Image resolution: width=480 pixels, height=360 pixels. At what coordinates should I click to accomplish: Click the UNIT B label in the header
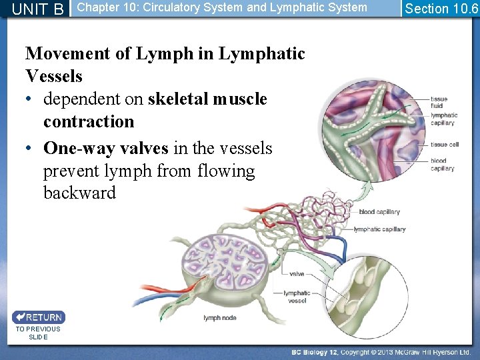click(x=38, y=9)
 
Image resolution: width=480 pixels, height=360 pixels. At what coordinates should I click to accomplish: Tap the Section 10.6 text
click(x=441, y=9)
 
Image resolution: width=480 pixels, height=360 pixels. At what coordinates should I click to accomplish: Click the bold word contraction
click(x=89, y=121)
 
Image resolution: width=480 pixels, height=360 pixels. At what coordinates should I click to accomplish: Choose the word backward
click(x=79, y=193)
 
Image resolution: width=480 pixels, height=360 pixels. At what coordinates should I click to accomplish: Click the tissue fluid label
click(x=439, y=103)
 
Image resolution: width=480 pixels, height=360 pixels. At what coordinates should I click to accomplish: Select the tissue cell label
click(x=444, y=145)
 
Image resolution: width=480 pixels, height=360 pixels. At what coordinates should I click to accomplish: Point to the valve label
click(x=297, y=274)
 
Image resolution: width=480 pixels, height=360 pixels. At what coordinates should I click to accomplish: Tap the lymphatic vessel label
click(x=296, y=297)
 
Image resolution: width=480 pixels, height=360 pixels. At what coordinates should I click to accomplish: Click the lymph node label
click(x=219, y=318)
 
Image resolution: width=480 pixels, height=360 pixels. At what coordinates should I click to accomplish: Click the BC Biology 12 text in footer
click(x=315, y=352)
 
